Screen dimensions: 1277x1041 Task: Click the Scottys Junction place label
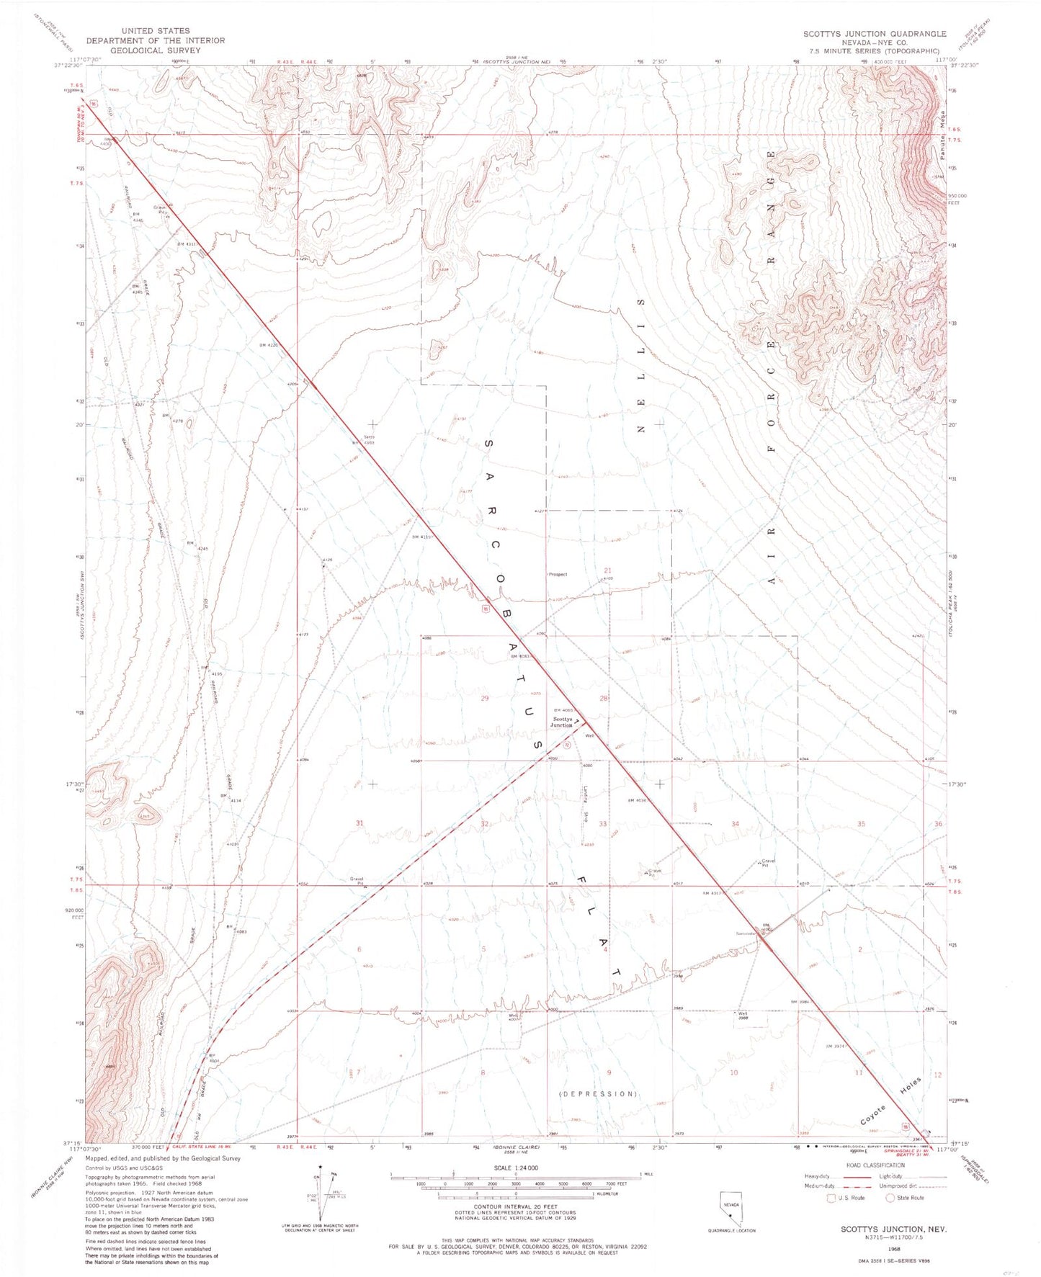tap(563, 722)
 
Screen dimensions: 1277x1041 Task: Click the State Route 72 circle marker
tap(567, 745)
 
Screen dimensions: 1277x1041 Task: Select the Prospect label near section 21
tap(558, 574)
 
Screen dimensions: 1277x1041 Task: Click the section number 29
tap(484, 698)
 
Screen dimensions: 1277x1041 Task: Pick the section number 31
tap(359, 823)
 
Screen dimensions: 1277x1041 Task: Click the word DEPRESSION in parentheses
tap(598, 1093)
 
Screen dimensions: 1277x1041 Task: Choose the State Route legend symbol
tap(890, 1198)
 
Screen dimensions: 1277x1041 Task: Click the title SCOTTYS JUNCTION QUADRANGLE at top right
tap(875, 34)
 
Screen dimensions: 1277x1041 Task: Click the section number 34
tap(735, 823)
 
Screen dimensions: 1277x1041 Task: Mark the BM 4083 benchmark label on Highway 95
tap(520, 656)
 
